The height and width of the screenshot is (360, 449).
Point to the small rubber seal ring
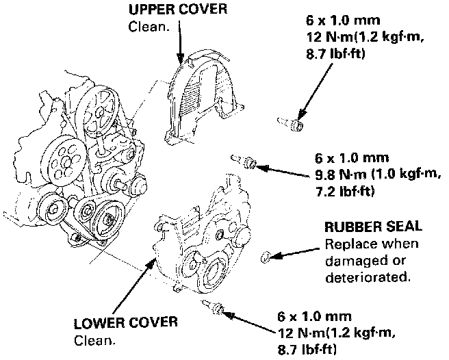click(x=266, y=258)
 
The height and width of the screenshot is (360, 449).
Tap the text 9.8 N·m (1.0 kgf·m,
click(x=369, y=173)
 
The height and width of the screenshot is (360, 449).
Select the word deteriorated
click(x=367, y=277)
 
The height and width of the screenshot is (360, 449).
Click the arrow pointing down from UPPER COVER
click(x=180, y=41)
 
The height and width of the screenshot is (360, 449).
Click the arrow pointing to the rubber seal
click(x=298, y=253)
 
